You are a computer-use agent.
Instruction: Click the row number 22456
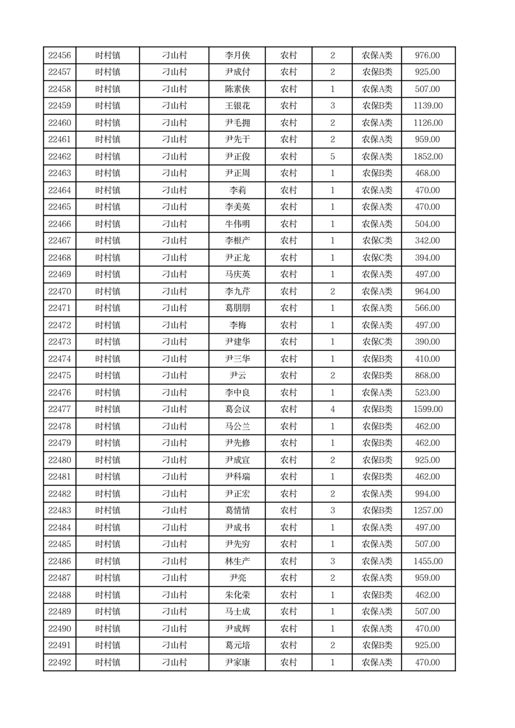tap(60, 55)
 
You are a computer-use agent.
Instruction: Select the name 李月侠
tap(237, 55)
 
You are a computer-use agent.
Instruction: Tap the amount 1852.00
tap(428, 156)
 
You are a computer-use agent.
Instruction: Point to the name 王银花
tap(237, 106)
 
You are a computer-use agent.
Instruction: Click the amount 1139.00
tap(428, 106)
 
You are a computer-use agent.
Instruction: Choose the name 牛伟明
tap(237, 224)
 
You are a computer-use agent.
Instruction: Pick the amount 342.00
tap(428, 241)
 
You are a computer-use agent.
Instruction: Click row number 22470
tap(60, 291)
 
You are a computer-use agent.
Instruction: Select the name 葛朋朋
tap(237, 308)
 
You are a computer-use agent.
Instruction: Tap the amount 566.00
tap(428, 308)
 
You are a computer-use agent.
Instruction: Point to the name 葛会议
tap(237, 409)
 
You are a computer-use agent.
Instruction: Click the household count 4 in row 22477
tap(333, 409)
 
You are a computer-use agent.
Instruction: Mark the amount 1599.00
tap(428, 409)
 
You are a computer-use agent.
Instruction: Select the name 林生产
tap(237, 561)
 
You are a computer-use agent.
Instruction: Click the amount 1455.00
tap(428, 561)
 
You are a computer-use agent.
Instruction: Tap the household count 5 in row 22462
tap(333, 156)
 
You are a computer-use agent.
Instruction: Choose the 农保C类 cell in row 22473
tap(377, 342)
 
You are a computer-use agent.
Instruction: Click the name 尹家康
tap(237, 662)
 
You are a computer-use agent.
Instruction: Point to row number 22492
tap(60, 662)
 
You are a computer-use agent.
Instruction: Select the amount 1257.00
tap(428, 511)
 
